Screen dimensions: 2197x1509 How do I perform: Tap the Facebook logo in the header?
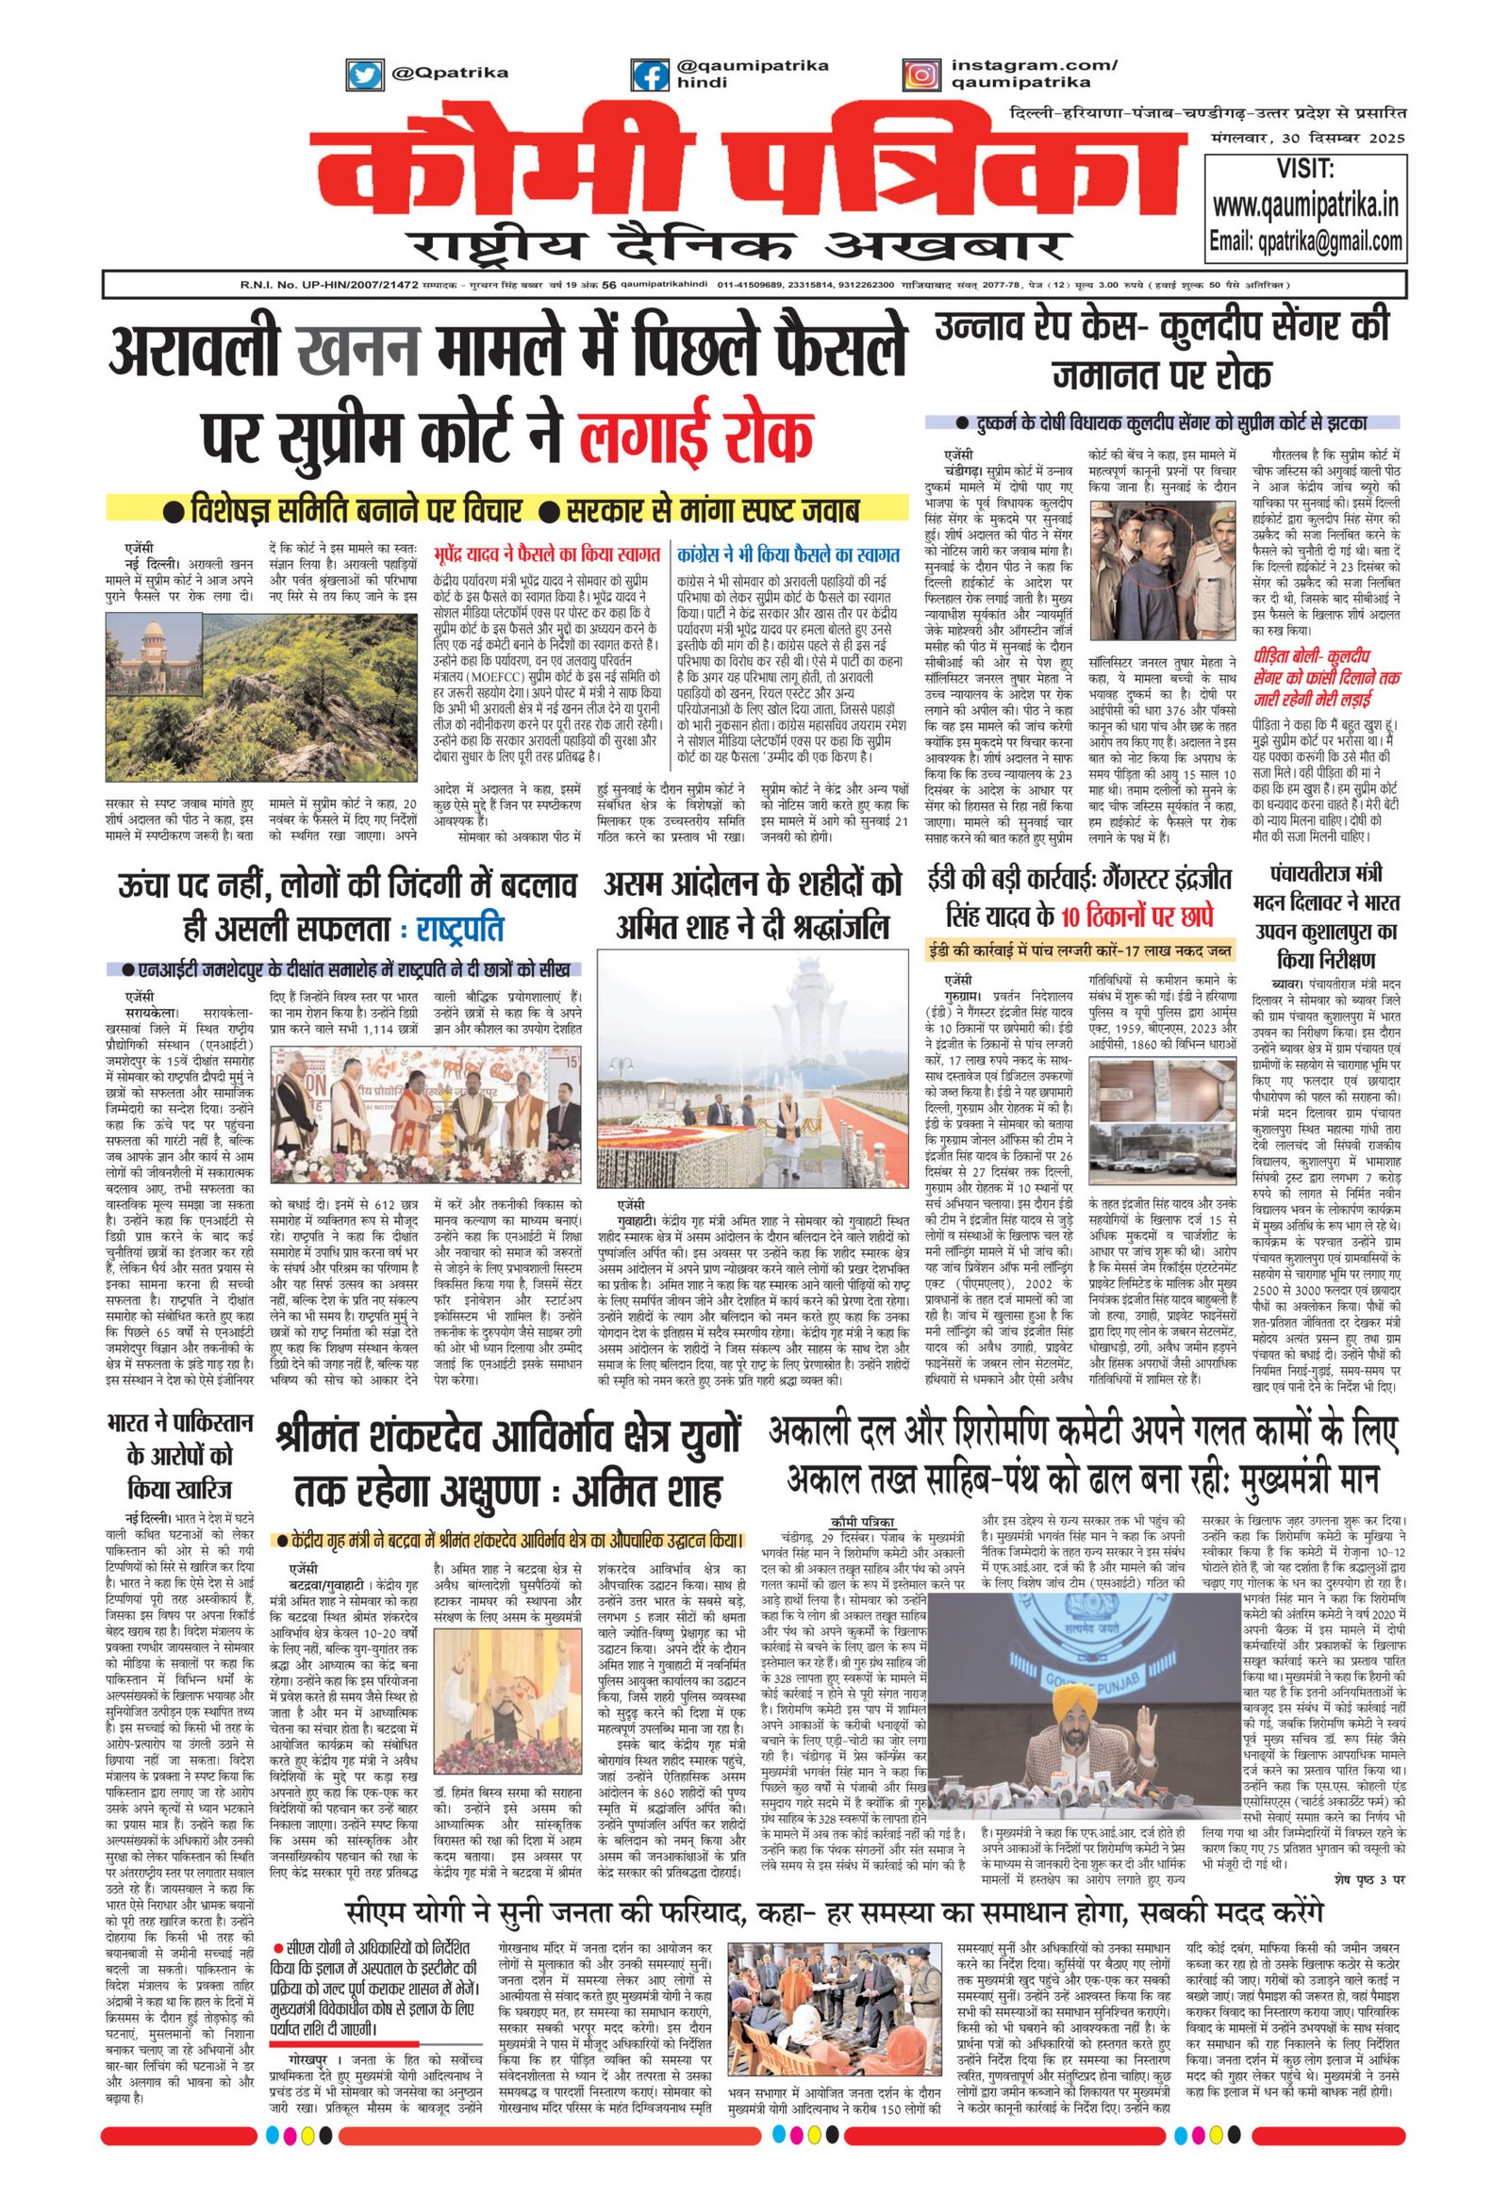tap(651, 75)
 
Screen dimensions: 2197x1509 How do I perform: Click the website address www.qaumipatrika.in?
tap(1305, 205)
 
